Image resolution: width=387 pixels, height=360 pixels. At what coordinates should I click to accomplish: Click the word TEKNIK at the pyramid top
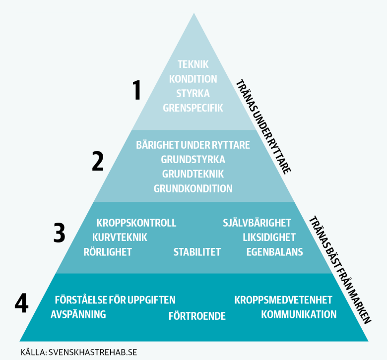(193, 64)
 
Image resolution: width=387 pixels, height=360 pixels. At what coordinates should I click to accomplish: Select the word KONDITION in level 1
(193, 79)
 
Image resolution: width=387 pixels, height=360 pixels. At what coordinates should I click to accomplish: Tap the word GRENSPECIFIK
(193, 108)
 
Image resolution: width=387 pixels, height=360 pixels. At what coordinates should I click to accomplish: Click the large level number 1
(136, 90)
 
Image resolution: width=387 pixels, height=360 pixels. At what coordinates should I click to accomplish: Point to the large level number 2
(98, 161)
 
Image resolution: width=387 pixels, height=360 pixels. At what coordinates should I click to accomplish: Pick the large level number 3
(59, 233)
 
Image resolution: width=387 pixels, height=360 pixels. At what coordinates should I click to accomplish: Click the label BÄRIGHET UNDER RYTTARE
(193, 145)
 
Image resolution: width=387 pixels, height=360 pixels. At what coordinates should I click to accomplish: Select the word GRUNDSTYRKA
(193, 160)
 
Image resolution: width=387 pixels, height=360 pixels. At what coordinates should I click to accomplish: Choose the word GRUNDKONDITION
(193, 189)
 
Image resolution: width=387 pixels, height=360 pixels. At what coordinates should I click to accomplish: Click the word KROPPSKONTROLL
(136, 223)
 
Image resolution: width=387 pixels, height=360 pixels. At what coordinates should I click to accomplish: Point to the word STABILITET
(197, 252)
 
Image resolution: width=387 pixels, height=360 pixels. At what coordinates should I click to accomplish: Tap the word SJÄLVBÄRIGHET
(257, 223)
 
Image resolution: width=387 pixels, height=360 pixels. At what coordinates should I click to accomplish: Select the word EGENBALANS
(275, 252)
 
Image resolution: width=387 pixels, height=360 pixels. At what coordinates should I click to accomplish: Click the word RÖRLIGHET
(108, 252)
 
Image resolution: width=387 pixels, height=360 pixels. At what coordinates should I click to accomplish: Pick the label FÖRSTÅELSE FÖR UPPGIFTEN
(115, 300)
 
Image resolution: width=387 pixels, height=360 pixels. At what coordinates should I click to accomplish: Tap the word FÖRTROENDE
(197, 316)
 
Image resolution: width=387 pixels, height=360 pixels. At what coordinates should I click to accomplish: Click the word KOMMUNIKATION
(299, 314)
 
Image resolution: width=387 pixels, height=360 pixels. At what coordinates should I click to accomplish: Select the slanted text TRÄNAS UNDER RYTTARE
(263, 127)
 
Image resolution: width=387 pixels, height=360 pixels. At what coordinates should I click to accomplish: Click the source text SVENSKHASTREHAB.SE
(93, 352)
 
